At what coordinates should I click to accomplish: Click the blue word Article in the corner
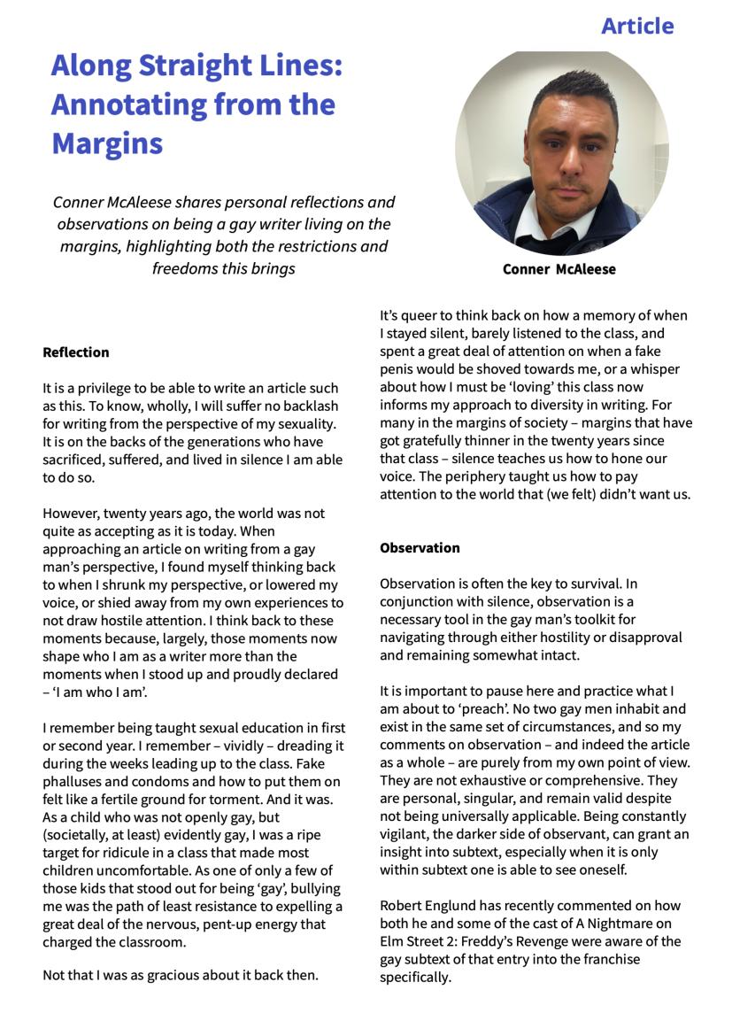(637, 27)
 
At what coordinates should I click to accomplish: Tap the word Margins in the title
(106, 143)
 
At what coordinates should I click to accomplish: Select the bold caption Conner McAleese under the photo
(559, 269)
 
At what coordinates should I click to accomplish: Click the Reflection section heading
(76, 352)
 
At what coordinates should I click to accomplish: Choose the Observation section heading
(420, 548)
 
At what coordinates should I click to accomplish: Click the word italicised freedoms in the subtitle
(184, 268)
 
